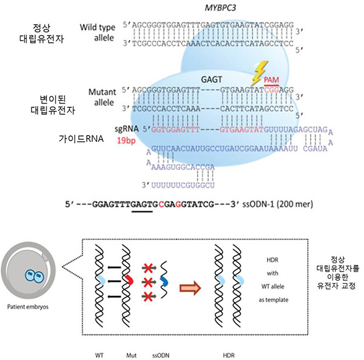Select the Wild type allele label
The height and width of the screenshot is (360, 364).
tap(101, 33)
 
